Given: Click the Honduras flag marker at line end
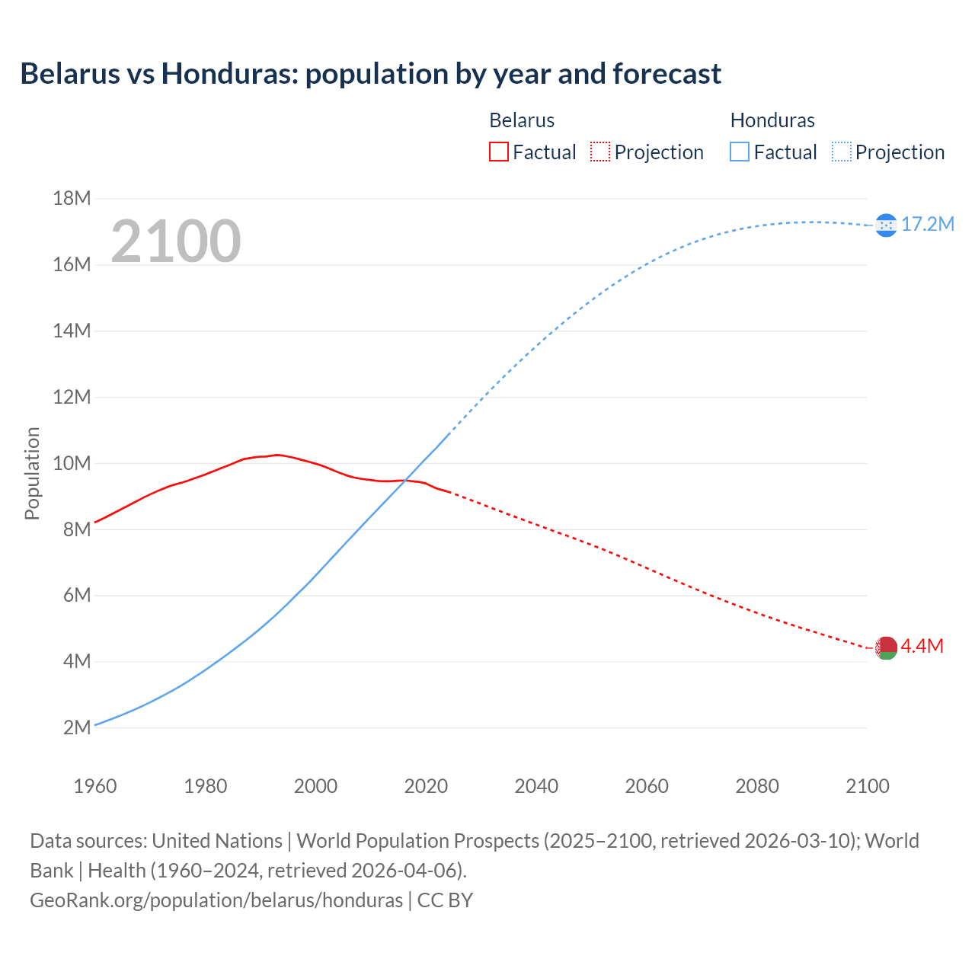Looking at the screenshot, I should tap(886, 225).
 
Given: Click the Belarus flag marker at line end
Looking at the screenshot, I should tap(886, 648).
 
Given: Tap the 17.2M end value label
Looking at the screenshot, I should tap(927, 224).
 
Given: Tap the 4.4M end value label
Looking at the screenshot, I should tap(922, 647).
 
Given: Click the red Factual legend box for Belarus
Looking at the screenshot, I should tap(498, 152).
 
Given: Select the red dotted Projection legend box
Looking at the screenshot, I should tap(600, 152).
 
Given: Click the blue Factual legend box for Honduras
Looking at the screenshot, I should tap(739, 152).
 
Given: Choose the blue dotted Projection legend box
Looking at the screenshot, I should tap(841, 152).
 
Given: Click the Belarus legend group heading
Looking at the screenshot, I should tap(522, 120).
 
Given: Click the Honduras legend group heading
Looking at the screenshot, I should tap(772, 120).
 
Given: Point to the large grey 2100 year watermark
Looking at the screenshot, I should tap(176, 241).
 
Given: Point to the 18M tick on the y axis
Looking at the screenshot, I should tap(72, 199).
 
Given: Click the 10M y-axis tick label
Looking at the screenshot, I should tap(72, 463).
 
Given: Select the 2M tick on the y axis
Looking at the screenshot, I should tap(76, 727).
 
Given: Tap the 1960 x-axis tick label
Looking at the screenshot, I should tap(95, 786).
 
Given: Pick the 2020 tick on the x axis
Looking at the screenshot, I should tap(426, 786).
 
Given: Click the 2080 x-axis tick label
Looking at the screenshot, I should tap(757, 786).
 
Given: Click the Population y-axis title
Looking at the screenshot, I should tap(32, 473).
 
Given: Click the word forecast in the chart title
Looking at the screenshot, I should tap(667, 74).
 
